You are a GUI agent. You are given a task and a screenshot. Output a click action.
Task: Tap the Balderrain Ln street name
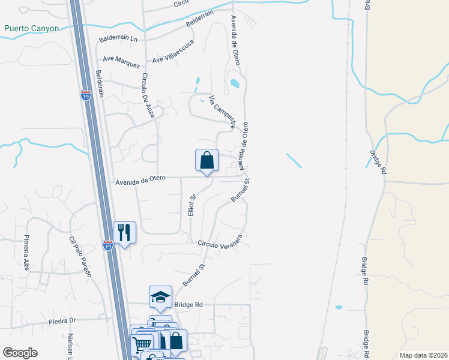click(x=118, y=40)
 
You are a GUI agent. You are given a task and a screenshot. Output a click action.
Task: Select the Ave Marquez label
click(x=121, y=62)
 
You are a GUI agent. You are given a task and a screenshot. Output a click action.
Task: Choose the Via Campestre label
click(x=221, y=111)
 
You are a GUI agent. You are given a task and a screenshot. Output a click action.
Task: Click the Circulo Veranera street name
click(x=220, y=242)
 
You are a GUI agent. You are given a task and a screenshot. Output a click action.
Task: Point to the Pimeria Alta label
click(x=26, y=253)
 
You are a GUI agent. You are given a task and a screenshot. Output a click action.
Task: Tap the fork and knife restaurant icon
click(x=125, y=232)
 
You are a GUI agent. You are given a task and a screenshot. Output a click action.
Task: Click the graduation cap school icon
click(x=160, y=296)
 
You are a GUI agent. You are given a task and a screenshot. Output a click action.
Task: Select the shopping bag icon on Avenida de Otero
click(x=206, y=160)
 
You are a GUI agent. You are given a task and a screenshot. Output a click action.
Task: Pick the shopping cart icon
click(x=142, y=344)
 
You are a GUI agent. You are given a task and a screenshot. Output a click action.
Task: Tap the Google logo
click(x=20, y=353)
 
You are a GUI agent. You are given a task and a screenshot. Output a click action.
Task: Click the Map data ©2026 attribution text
click(x=423, y=355)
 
